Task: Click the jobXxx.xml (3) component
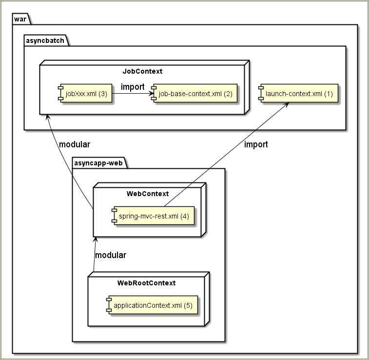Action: [85, 94]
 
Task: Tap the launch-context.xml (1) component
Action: [298, 94]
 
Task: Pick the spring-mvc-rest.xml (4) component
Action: [153, 216]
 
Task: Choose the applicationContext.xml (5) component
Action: [153, 306]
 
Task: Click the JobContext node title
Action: [142, 71]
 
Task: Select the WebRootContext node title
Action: [146, 283]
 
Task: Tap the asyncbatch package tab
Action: [45, 40]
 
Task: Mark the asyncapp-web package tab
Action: [98, 162]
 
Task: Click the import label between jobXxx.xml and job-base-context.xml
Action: [133, 87]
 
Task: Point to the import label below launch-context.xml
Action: [256, 144]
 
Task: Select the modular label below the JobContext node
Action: [75, 144]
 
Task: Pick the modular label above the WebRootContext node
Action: [111, 255]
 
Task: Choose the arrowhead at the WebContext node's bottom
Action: [96, 240]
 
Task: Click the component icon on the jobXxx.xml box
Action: [61, 94]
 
